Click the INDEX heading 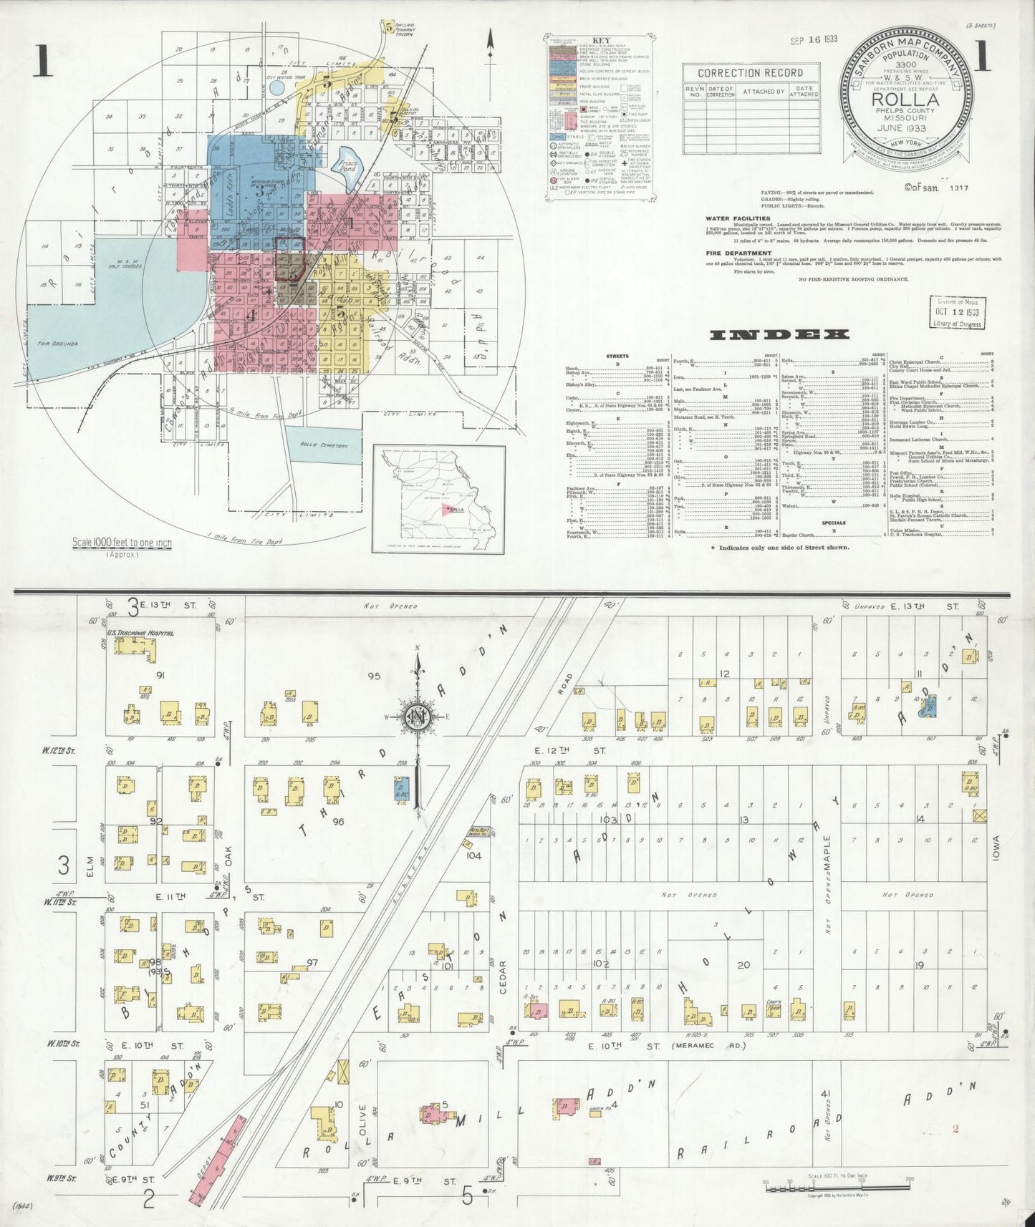point(779,334)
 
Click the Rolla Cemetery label point(324,445)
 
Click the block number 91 point(160,674)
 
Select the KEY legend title point(599,42)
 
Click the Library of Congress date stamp point(957,313)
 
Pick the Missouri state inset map point(439,498)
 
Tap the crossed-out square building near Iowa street point(979,815)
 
